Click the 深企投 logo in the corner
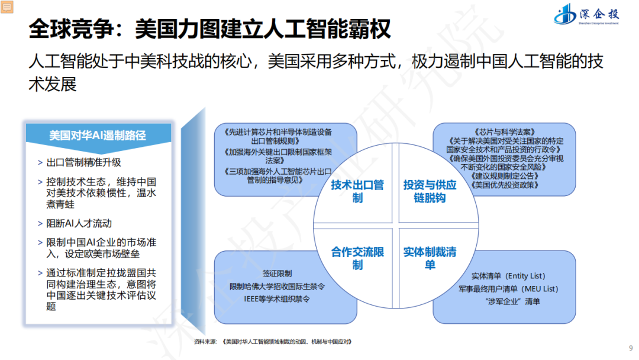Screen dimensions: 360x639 pos(586,14)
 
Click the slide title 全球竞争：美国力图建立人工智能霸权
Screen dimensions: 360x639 pos(209,28)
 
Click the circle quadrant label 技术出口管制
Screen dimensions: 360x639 pos(357,191)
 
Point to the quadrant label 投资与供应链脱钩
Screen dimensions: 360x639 pos(430,191)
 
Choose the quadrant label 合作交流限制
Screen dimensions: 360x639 pos(357,258)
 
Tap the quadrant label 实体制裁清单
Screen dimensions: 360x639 pos(430,258)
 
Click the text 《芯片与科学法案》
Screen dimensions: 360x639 pos(505,132)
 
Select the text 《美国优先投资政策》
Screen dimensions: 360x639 pos(505,185)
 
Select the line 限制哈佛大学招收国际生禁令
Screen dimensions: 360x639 pos(277,287)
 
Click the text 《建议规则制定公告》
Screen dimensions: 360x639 pos(505,176)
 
